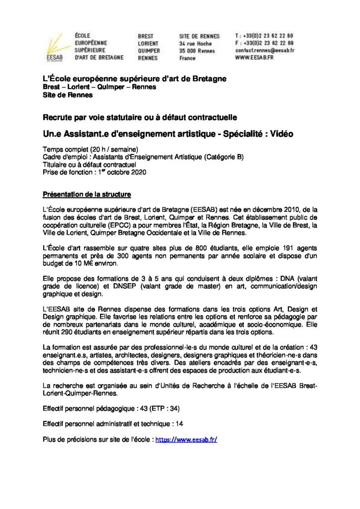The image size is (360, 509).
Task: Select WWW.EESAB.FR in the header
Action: [254, 58]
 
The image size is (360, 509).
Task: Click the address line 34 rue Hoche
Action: [195, 44]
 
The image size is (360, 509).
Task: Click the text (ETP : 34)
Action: [162, 409]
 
